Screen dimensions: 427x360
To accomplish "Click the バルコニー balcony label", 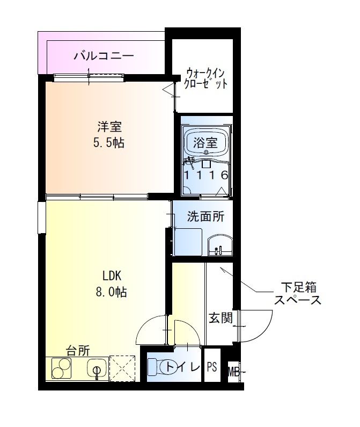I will point(103,55).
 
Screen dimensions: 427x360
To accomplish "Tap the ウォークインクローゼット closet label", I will point(207,78).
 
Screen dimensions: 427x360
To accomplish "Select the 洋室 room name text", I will point(109,127).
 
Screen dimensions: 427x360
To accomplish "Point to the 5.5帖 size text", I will point(109,143).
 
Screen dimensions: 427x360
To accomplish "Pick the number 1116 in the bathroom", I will point(206,175).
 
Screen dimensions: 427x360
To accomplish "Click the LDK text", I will point(113,276).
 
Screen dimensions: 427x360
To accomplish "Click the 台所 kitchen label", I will point(78,351).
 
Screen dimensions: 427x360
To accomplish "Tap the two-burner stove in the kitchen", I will point(62,368).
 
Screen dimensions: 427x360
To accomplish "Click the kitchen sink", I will point(97,370).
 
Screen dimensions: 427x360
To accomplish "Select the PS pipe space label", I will point(212,367).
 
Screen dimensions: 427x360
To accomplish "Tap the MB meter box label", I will point(233,371).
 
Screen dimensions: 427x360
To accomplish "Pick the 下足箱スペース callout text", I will point(297,293).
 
